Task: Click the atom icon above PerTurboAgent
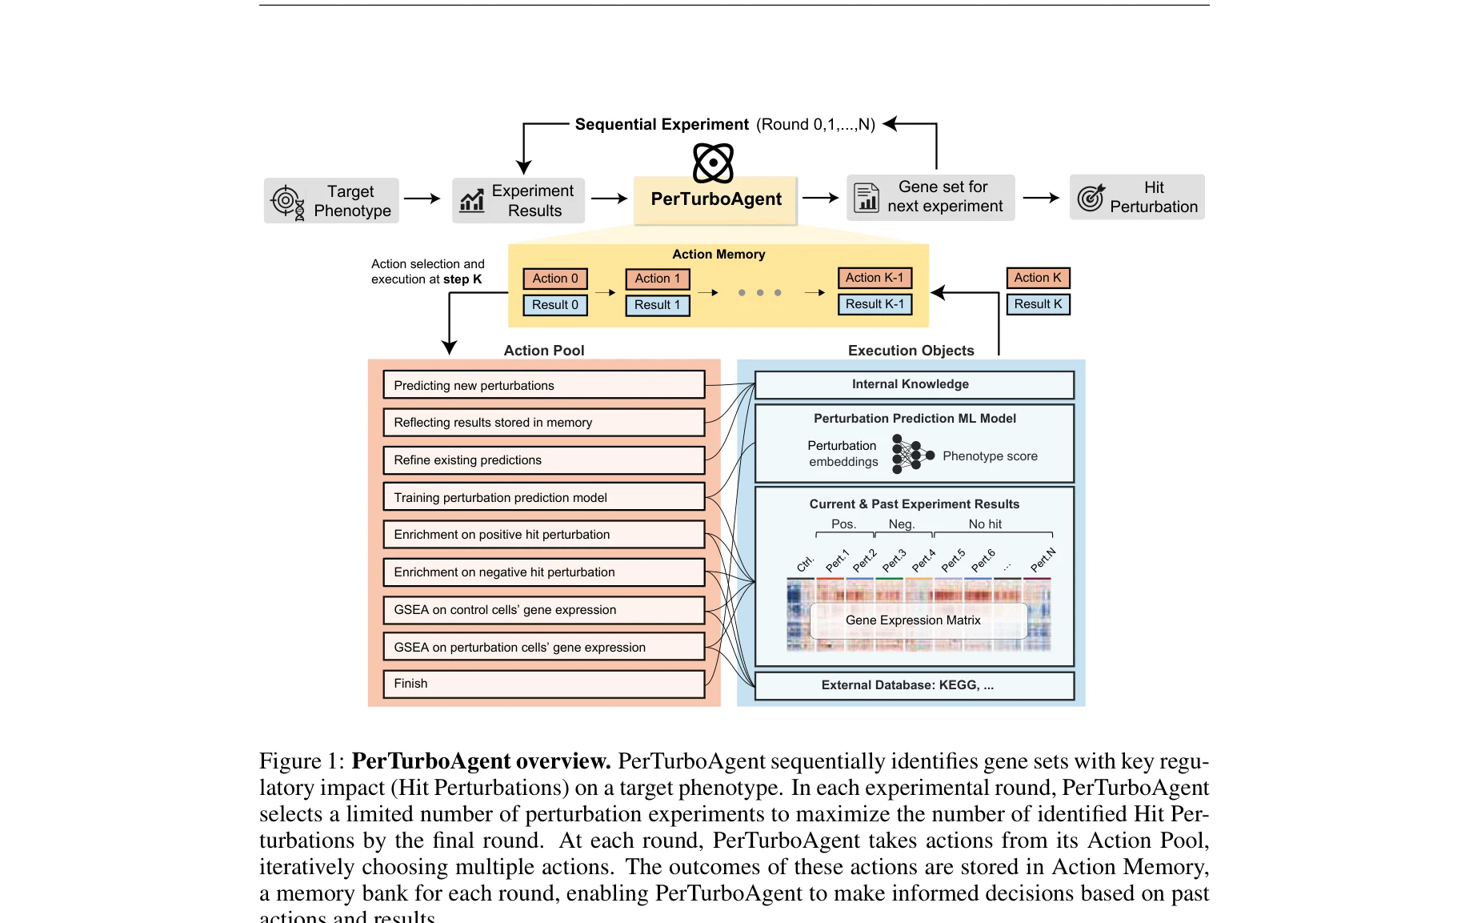tap(713, 163)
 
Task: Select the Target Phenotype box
tap(331, 200)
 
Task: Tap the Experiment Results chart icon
tap(472, 200)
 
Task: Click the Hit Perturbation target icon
tap(1091, 197)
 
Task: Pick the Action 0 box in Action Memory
tap(555, 279)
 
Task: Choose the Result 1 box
tap(657, 305)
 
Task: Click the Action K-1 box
tap(875, 278)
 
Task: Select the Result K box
tap(1038, 304)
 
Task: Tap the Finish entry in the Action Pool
tap(543, 684)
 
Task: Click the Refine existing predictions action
tap(543, 460)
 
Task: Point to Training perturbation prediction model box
tap(543, 498)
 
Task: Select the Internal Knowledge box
tap(914, 384)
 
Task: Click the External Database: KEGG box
tap(914, 685)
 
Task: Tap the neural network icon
tap(911, 455)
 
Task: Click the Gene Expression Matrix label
tap(913, 620)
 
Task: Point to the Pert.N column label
tap(1043, 560)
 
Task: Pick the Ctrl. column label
tap(805, 564)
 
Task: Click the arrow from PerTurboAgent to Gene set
tap(820, 198)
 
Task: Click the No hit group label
tap(985, 524)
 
